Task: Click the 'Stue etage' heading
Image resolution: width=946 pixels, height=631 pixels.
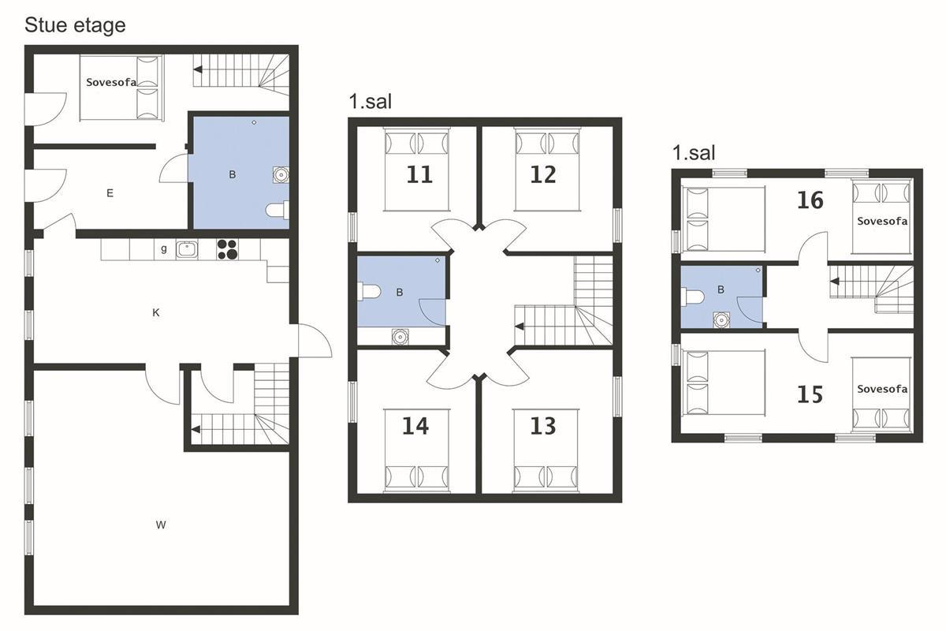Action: point(75,25)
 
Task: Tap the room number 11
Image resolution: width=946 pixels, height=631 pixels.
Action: point(419,175)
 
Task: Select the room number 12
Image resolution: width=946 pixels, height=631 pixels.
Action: point(543,175)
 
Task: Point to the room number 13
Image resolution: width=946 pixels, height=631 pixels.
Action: point(543,426)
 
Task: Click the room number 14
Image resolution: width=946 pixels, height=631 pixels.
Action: point(415,426)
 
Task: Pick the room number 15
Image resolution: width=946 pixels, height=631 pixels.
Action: point(810,394)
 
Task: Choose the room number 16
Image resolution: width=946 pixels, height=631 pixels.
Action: point(810,200)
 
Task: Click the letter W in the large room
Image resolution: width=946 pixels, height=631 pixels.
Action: point(161,525)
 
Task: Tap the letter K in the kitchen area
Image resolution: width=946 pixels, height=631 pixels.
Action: point(156,313)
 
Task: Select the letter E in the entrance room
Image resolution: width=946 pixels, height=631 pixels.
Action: point(110,193)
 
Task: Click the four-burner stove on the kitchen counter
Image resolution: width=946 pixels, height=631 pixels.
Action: point(227,249)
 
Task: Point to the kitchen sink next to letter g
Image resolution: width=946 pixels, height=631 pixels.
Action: point(187,249)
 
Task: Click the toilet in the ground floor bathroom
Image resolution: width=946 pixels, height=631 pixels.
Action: point(277,210)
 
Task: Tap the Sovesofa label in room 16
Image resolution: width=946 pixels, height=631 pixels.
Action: point(882,221)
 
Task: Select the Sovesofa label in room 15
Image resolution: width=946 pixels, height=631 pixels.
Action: point(882,389)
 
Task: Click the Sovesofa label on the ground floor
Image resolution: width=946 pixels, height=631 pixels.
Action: point(111,82)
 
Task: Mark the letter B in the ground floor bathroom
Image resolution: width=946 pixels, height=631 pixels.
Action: point(233,174)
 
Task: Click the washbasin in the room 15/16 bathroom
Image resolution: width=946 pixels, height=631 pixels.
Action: point(721,320)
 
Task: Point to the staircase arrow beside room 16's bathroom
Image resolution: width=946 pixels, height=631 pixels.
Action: point(835,281)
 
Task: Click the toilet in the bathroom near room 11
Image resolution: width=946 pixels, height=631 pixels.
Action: point(369,292)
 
